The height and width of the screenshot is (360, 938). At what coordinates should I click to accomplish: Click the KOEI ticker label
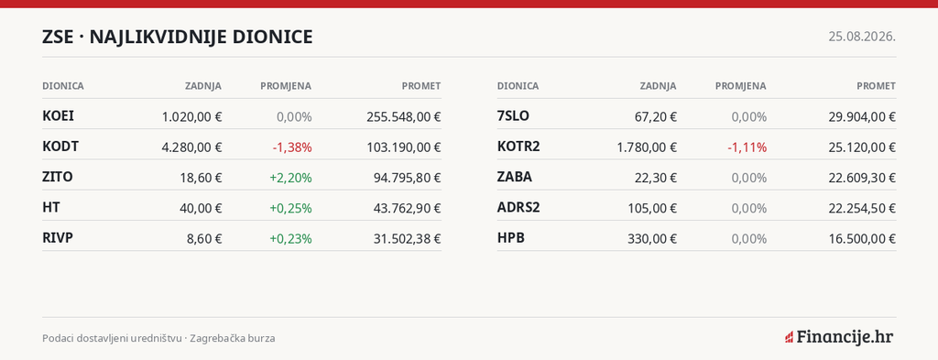[x=58, y=116]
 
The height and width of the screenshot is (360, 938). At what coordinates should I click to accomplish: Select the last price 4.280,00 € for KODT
[x=192, y=147]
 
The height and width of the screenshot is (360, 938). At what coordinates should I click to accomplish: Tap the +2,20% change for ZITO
[x=290, y=178]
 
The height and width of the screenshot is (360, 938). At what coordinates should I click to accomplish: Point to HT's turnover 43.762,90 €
[x=404, y=208]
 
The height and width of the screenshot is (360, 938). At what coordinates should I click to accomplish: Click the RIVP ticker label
[x=58, y=238]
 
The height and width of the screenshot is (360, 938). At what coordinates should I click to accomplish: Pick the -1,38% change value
[x=292, y=147]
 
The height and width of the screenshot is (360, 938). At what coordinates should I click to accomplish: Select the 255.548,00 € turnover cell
[x=404, y=116]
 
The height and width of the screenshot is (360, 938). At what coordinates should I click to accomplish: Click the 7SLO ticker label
[x=513, y=116]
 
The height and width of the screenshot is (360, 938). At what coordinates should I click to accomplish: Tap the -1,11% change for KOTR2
[x=747, y=147]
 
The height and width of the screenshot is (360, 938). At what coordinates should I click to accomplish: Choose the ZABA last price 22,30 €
[x=656, y=178]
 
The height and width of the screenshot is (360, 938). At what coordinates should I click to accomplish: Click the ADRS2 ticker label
[x=518, y=208]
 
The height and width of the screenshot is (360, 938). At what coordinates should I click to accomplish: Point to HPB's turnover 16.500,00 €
[x=858, y=238]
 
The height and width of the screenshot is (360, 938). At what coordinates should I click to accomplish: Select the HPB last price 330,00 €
[x=652, y=238]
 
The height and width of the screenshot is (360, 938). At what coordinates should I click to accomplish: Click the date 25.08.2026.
[x=862, y=37]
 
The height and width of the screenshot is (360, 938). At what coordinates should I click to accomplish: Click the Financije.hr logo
[x=839, y=337]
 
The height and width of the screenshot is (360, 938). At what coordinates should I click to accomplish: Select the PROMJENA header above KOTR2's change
[x=740, y=86]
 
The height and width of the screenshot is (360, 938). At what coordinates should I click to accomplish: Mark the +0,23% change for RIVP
[x=290, y=238]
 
